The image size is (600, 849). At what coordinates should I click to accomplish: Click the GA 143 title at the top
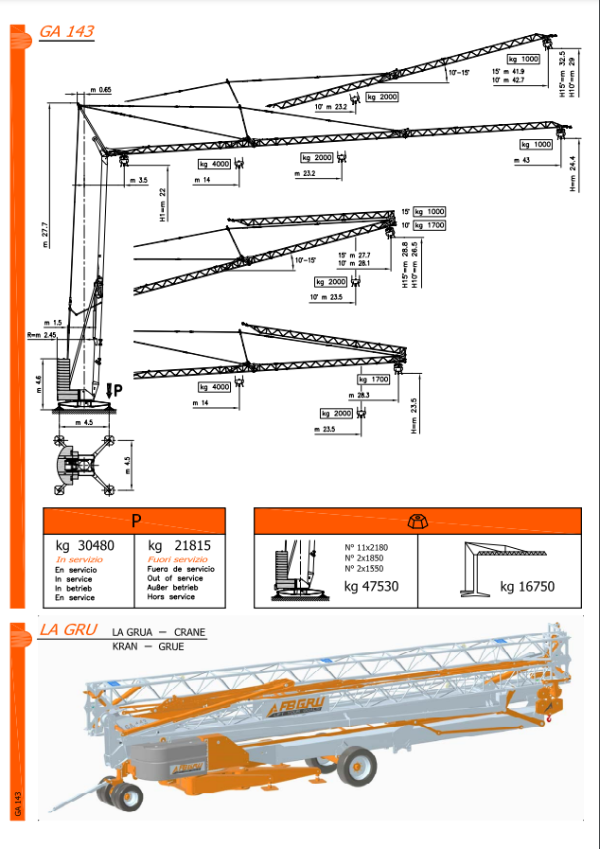65,31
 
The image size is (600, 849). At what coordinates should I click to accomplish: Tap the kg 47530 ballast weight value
371,587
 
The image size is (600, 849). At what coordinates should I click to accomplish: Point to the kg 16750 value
527,587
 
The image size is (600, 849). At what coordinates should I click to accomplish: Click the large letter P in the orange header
135,521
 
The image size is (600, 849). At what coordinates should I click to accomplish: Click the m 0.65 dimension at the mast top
101,89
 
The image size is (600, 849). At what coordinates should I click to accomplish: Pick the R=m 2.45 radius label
43,335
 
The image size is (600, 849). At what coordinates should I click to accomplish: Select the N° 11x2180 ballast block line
365,548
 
